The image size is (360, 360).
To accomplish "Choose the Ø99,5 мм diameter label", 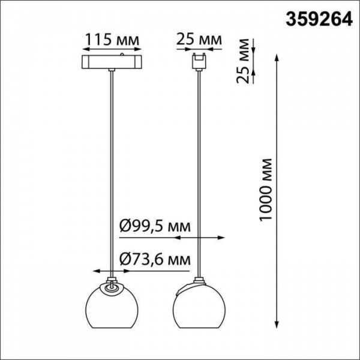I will [155, 226].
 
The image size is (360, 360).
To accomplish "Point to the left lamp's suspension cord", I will [112, 174].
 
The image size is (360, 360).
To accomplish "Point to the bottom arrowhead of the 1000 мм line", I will [277, 324].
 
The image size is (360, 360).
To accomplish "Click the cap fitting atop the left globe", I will [112, 282].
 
